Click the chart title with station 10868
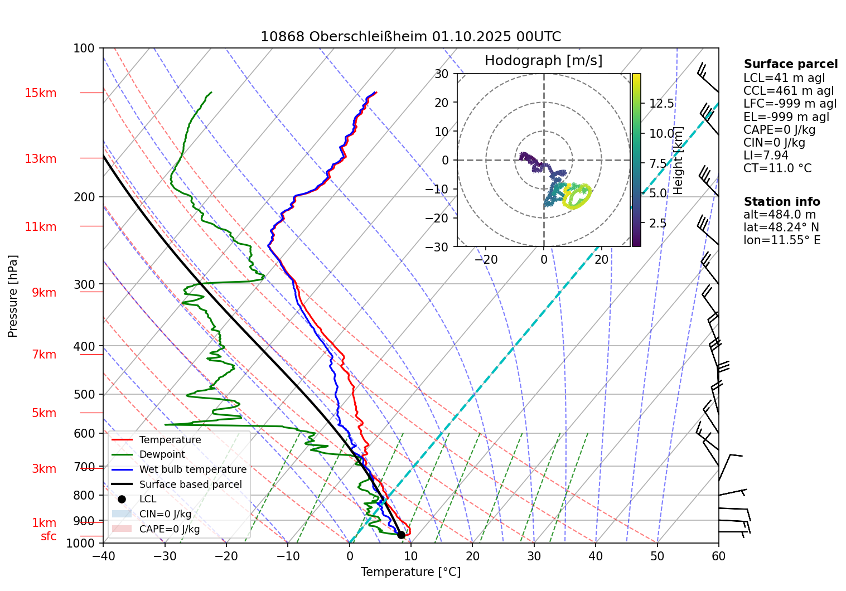click(410, 37)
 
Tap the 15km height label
click(40, 93)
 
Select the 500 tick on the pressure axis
click(85, 394)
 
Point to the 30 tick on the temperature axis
click(534, 556)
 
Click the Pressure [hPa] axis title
click(13, 296)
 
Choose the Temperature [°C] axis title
click(410, 572)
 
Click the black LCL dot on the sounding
click(401, 535)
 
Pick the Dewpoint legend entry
click(162, 454)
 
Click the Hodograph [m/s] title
click(543, 61)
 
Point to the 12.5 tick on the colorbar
click(661, 104)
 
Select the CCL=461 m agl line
click(789, 91)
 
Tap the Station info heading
click(782, 202)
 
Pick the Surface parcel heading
click(790, 64)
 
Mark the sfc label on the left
click(49, 536)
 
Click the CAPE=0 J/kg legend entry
click(170, 529)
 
